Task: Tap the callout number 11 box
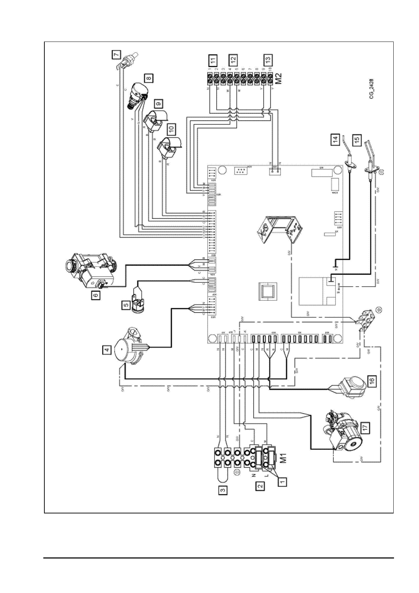point(213,60)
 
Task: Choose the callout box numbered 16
point(372,380)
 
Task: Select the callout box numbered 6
point(95,295)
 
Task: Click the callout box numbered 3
point(222,489)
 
